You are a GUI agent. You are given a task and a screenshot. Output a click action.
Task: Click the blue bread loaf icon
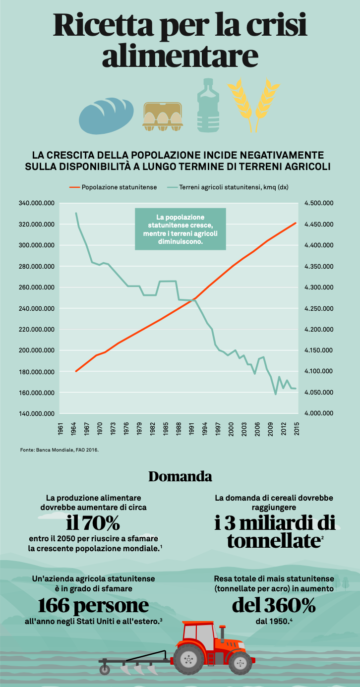[x=106, y=115]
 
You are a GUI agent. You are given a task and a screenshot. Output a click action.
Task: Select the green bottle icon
[x=208, y=107]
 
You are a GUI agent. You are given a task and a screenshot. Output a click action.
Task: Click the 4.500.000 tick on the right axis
[x=319, y=203]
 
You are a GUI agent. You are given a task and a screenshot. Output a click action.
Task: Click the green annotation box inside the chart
[x=180, y=229]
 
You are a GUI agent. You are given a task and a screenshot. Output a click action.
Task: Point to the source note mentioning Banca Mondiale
[x=60, y=450]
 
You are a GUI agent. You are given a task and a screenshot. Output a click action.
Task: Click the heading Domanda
[x=180, y=477]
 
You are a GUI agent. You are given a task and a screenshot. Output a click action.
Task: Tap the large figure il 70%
[x=93, y=522]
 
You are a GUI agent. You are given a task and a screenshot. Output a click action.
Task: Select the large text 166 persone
[x=93, y=605]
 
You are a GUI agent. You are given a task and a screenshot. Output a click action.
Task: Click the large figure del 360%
[x=274, y=605]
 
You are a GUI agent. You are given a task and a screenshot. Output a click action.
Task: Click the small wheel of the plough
[x=105, y=669]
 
